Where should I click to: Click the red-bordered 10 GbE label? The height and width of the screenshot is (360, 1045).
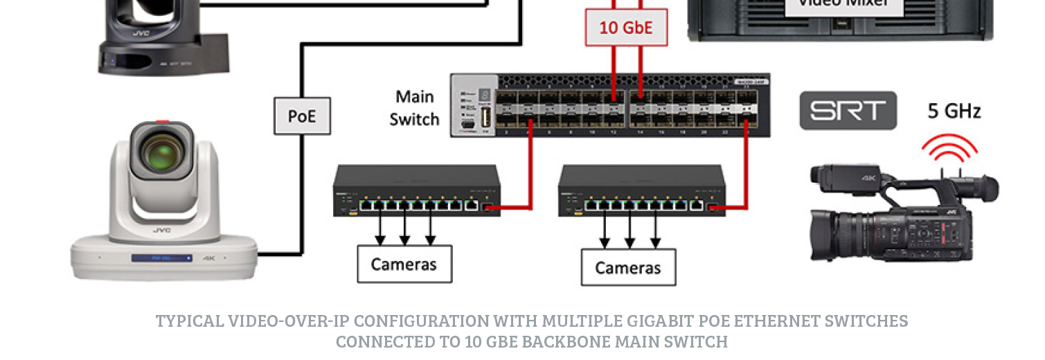coord(626,28)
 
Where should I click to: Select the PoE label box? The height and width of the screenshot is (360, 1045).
coord(302,116)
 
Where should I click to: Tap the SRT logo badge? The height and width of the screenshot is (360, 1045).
coord(848,111)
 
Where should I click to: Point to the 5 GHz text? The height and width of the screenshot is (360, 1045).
coord(954,111)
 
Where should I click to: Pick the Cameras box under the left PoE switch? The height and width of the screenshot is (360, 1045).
coord(404,264)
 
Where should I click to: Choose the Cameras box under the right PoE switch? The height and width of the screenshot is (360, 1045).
coord(628,267)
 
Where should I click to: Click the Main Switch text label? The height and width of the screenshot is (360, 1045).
coord(414,108)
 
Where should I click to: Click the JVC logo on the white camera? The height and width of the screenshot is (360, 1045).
coord(162,230)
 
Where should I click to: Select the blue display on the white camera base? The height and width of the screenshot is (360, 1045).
coord(162,258)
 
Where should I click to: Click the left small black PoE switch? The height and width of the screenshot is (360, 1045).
coord(416,190)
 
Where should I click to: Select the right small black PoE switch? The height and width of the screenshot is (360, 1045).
coord(641,190)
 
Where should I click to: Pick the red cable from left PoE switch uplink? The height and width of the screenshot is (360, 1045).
coord(530,173)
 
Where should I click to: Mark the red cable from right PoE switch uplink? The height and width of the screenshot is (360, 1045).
coord(747,173)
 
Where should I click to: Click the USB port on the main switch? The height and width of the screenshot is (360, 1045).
coord(485,116)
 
